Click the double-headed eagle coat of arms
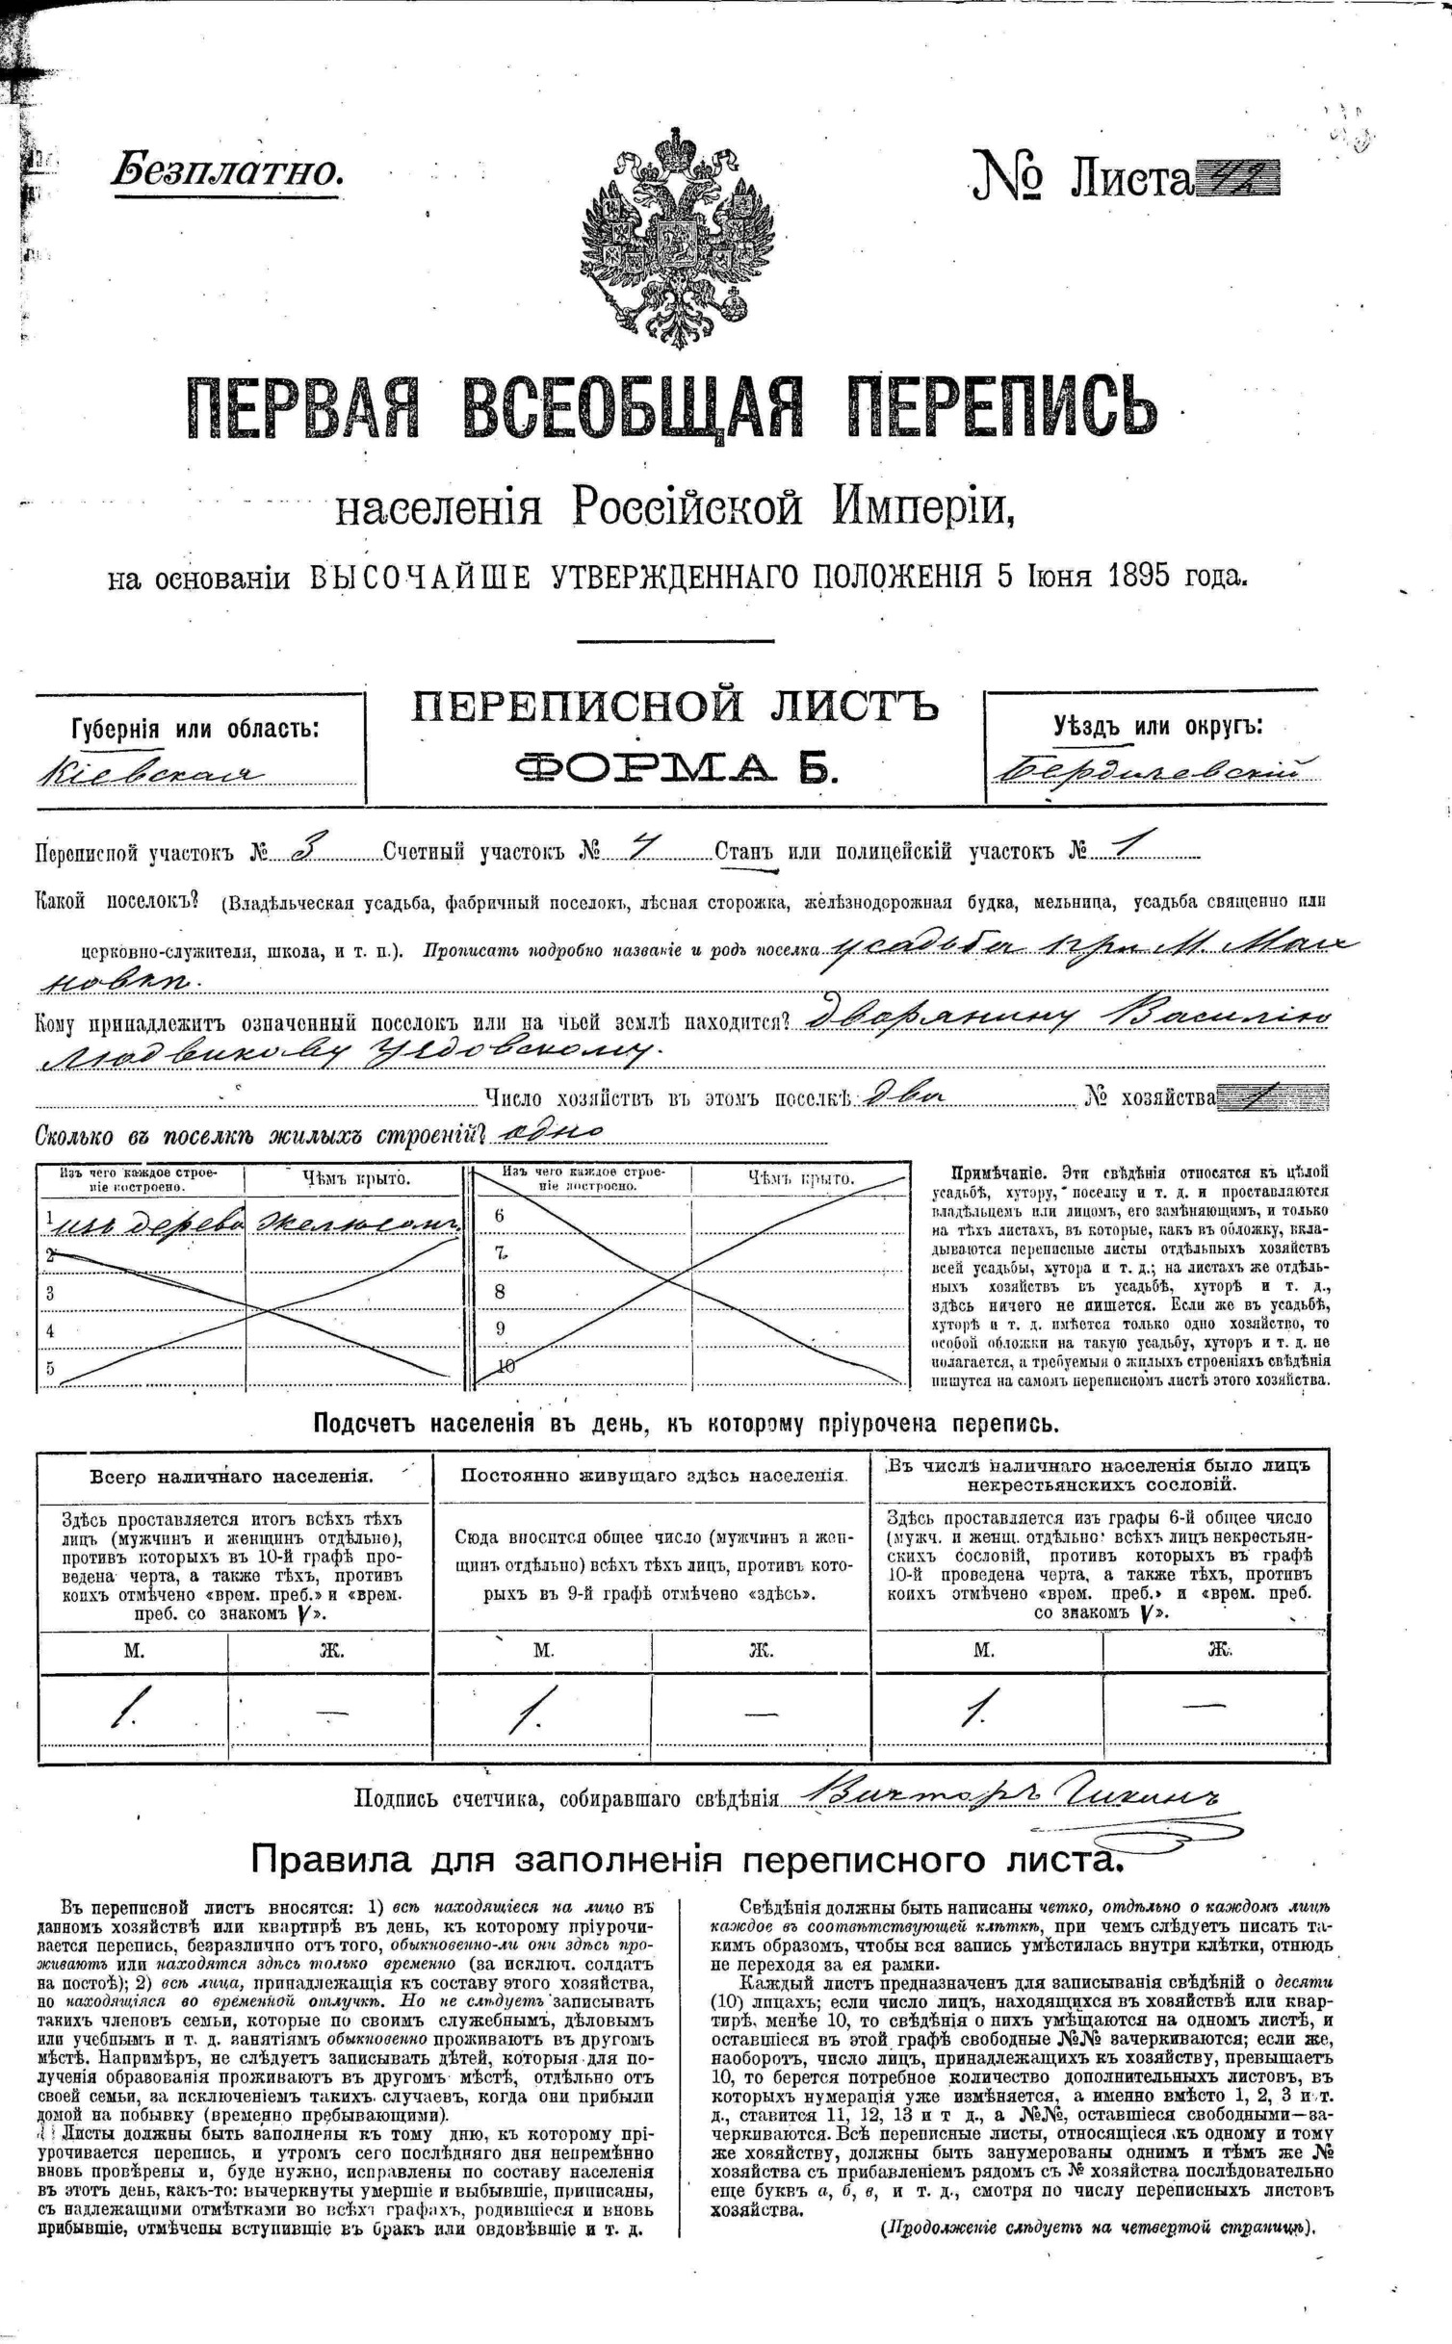click(677, 236)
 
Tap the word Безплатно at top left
click(227, 171)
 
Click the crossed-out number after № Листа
click(1236, 179)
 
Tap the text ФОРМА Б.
click(675, 767)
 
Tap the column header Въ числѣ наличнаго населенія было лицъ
click(1099, 1474)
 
